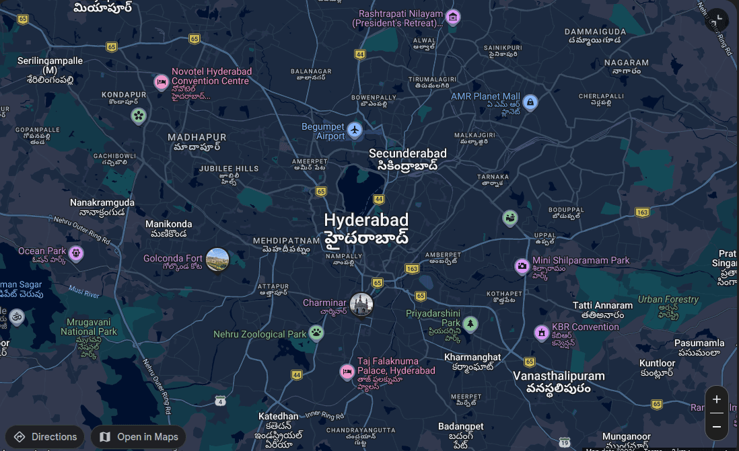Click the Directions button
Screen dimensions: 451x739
point(45,437)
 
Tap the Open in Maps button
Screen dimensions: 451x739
point(139,437)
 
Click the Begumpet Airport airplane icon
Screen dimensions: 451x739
point(355,128)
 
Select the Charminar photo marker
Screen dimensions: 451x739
point(361,304)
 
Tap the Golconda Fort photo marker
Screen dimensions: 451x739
point(217,259)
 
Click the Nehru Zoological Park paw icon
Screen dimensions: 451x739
point(316,332)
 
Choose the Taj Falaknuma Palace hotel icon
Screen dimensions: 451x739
point(347,371)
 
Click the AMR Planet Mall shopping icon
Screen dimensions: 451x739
point(530,102)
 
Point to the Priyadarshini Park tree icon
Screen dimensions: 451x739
point(470,324)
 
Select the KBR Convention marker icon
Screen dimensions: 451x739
point(541,332)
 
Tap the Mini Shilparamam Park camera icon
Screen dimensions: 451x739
point(522,266)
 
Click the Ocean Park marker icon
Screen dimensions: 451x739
point(76,253)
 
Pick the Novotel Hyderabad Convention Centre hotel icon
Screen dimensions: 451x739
point(161,82)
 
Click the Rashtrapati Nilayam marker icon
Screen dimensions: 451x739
point(453,17)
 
